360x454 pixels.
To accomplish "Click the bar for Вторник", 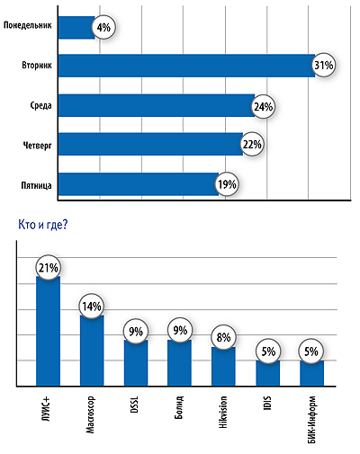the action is [186, 66].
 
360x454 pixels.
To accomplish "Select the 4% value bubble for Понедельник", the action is [103, 28].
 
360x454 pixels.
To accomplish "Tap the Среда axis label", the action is [40, 106].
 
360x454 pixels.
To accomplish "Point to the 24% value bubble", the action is [263, 107].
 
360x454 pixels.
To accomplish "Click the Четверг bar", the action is [150, 144].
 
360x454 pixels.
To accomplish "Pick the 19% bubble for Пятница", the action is [227, 184].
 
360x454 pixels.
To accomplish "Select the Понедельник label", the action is [28, 25].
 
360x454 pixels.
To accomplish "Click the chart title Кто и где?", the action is [43, 225].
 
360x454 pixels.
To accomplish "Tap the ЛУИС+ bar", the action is [48, 331].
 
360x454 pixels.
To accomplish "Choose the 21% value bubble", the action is [48, 268].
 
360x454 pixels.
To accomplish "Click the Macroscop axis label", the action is [90, 414].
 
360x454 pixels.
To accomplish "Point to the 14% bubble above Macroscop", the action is [92, 307].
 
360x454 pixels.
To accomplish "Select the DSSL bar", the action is [136, 362].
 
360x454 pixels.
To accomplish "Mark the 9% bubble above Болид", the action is [180, 330].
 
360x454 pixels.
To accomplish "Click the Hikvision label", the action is [223, 412].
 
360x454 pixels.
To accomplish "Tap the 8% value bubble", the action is [223, 337].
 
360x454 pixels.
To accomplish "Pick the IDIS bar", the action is [267, 373].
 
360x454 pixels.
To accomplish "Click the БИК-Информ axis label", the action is [312, 419].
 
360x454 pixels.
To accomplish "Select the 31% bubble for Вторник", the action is [323, 66].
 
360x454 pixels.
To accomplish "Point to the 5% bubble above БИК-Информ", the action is [311, 352].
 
